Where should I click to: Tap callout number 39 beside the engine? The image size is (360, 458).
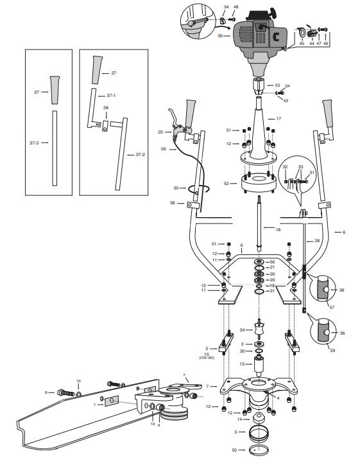pyautogui.click(x=219, y=37)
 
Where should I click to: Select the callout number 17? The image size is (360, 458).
pyautogui.click(x=279, y=119)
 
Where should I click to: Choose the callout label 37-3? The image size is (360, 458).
pyautogui.click(x=35, y=143)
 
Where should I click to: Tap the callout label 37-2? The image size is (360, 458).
pyautogui.click(x=140, y=155)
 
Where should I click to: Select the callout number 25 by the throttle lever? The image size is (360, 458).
pyautogui.click(x=160, y=132)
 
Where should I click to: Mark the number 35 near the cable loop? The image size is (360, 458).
pyautogui.click(x=176, y=188)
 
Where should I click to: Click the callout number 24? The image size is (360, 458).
pyautogui.click(x=242, y=330)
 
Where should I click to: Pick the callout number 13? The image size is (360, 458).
pyautogui.click(x=241, y=364)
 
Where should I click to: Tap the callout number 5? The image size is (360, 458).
pyautogui.click(x=236, y=432)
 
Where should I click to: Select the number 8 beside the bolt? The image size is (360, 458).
pyautogui.click(x=46, y=392)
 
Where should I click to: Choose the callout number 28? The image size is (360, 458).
pyautogui.click(x=317, y=240)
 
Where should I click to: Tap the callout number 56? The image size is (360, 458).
pyautogui.click(x=272, y=262)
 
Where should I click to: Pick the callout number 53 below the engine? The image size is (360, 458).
pyautogui.click(x=277, y=85)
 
